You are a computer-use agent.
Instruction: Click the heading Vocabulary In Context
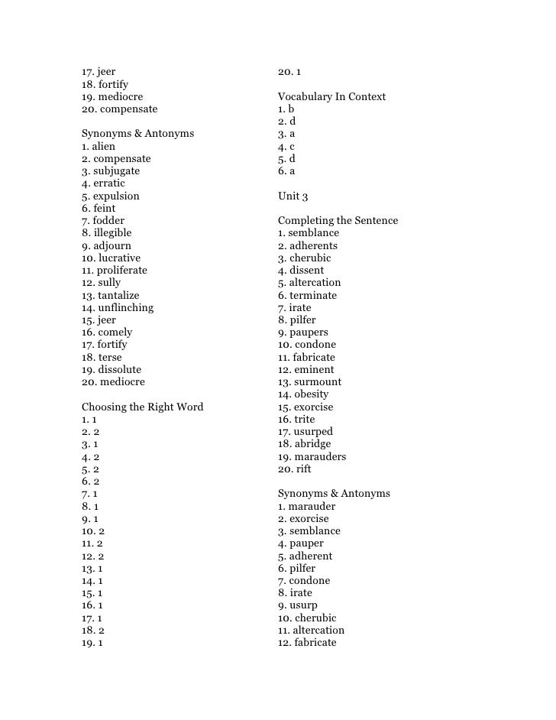tap(331, 97)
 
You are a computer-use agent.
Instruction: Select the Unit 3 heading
tap(293, 196)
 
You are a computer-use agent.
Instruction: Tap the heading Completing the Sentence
tap(338, 221)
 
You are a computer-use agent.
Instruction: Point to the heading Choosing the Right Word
tap(142, 407)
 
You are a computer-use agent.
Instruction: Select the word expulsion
tap(116, 196)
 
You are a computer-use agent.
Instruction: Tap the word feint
tap(105, 209)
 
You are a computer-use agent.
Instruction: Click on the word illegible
tap(112, 233)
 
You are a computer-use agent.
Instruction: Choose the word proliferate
tap(122, 271)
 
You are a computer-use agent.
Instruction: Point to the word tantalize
tap(120, 295)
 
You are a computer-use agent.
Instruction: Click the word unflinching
tap(125, 308)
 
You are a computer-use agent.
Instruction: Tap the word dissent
tap(306, 271)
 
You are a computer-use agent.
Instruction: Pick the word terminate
tap(313, 296)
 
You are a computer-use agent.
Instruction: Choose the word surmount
tap(318, 382)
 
